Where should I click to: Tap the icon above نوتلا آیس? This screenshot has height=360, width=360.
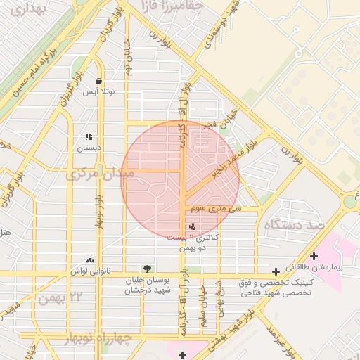98,81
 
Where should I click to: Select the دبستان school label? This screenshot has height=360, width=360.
89,148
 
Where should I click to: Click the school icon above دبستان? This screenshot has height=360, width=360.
89,136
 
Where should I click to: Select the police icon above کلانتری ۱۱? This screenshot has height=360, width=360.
193,226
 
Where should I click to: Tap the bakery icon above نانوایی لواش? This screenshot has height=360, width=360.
89,260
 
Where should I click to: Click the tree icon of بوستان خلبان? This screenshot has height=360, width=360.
147,268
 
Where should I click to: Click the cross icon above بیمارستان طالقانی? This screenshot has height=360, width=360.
314,256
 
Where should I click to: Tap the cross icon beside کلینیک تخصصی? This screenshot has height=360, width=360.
276,271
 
